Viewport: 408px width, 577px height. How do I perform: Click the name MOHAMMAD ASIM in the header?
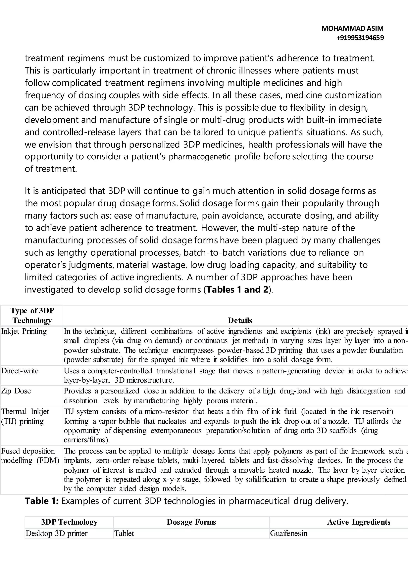click(352, 28)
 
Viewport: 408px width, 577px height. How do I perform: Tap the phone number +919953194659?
click(360, 38)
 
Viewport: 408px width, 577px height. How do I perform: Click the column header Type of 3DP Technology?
click(32, 315)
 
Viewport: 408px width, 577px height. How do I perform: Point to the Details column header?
click(240, 320)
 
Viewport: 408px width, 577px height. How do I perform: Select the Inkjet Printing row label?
click(24, 331)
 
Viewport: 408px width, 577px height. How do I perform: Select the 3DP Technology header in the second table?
click(69, 522)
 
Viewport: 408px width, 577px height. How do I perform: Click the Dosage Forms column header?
click(191, 522)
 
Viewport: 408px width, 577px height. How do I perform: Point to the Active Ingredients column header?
click(359, 522)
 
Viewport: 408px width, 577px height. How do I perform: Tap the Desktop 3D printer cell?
click(57, 533)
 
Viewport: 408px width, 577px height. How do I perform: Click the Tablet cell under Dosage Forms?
click(124, 533)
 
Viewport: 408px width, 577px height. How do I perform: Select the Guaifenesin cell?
click(289, 533)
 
